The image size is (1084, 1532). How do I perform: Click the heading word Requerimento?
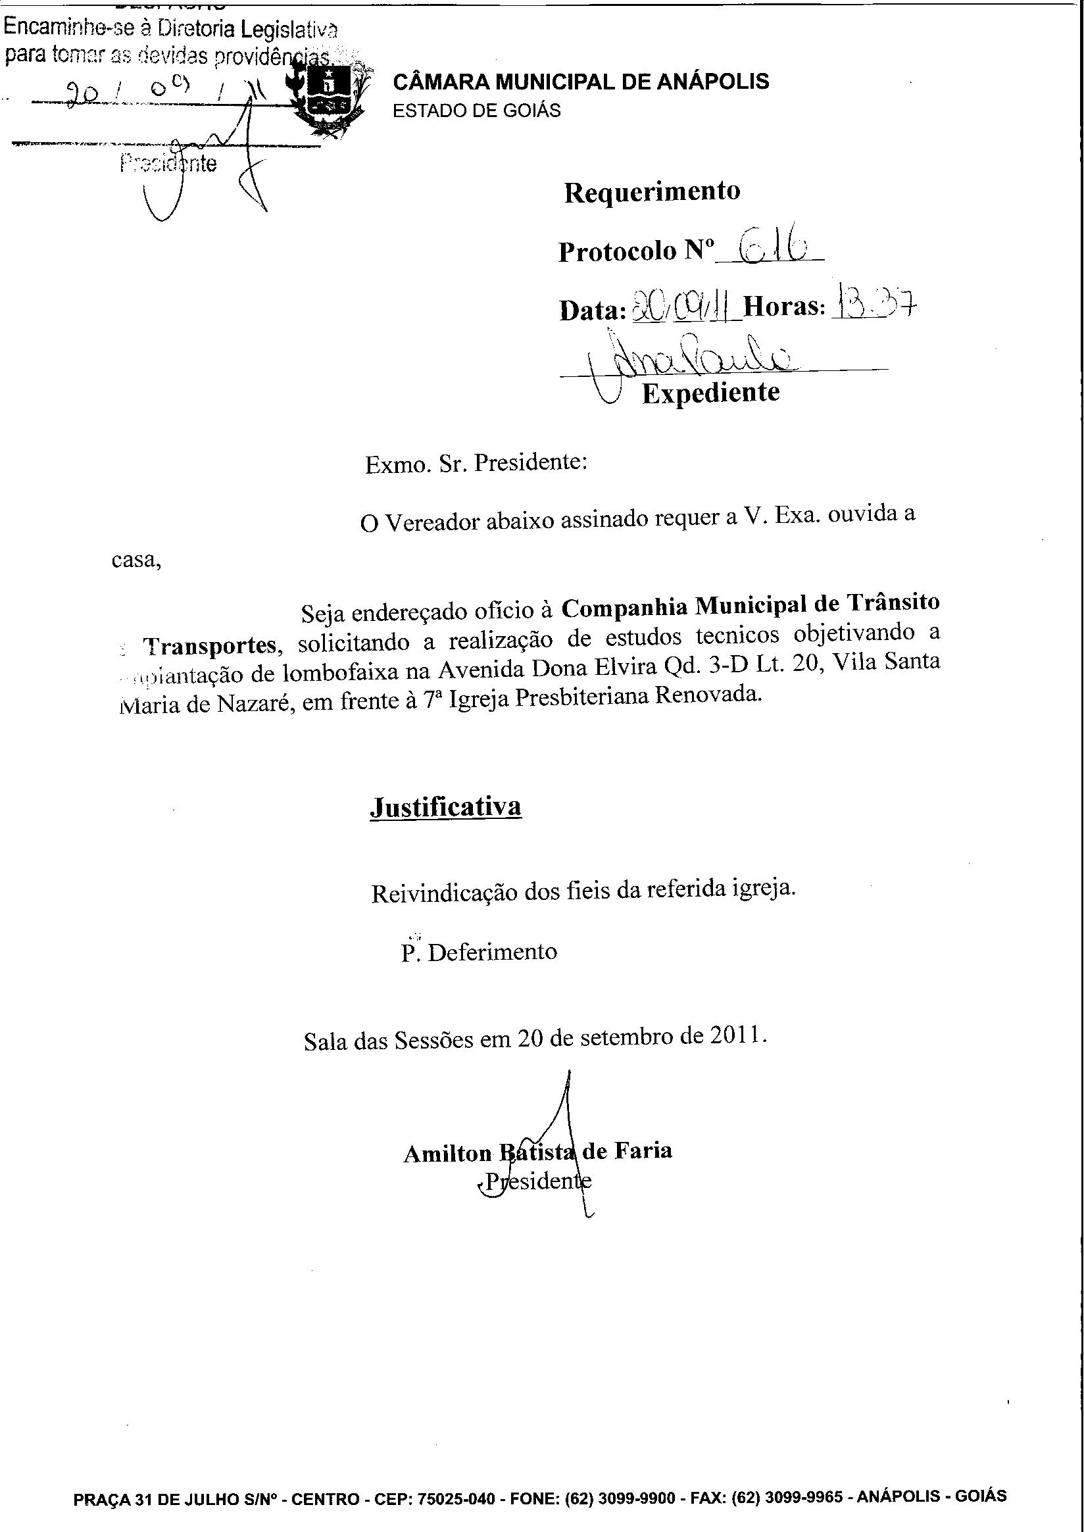[652, 192]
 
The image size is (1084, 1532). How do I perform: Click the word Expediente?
[710, 393]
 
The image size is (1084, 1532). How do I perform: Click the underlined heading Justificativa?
[445, 806]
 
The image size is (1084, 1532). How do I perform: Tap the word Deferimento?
[492, 951]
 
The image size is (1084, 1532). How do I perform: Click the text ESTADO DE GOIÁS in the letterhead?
[477, 110]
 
